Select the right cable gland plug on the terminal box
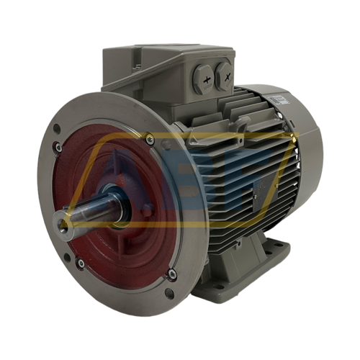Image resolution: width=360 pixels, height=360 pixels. (x=225, y=72)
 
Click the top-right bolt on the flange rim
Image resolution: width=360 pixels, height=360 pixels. (x=149, y=138)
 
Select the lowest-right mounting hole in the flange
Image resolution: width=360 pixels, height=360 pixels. (x=168, y=293)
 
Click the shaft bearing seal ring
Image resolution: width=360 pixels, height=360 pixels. (x=115, y=209)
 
